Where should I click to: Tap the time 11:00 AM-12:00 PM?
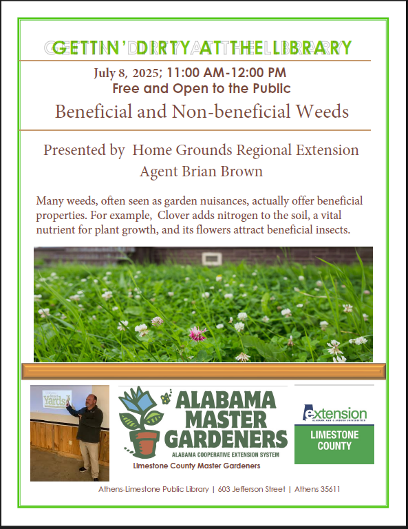click(226, 72)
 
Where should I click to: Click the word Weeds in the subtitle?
click(322, 112)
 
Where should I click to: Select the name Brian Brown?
click(222, 172)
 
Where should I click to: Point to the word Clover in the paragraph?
click(173, 215)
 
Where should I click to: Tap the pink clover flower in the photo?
click(197, 333)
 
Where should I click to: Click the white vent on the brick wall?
click(212, 259)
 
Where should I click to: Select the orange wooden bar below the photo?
click(204, 371)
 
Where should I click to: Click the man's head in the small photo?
click(92, 400)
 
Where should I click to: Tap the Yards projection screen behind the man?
click(56, 400)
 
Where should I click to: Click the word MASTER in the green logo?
click(226, 420)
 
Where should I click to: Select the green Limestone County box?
click(334, 444)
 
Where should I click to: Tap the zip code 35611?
click(329, 489)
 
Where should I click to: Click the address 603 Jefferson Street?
click(251, 489)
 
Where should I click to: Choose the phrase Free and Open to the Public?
click(202, 88)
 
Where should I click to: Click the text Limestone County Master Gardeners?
click(197, 466)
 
